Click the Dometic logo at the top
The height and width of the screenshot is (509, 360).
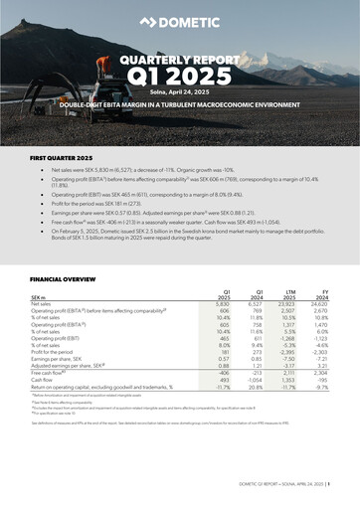181,20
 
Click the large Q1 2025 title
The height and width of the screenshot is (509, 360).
180,78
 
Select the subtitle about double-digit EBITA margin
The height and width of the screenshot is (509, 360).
180,103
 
